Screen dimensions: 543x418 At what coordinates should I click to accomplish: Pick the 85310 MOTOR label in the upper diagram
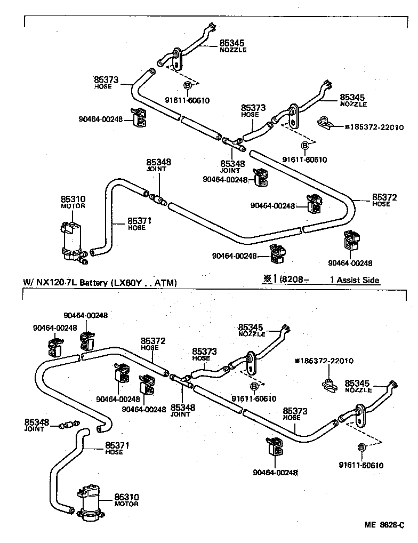click(73, 202)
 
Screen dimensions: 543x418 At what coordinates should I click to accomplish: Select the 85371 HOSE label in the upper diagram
click(136, 223)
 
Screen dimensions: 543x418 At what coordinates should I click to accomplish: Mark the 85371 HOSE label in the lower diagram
click(114, 448)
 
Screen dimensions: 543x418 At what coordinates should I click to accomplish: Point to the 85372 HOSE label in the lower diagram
click(150, 343)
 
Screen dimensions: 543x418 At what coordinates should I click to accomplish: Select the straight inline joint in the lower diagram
click(67, 425)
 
